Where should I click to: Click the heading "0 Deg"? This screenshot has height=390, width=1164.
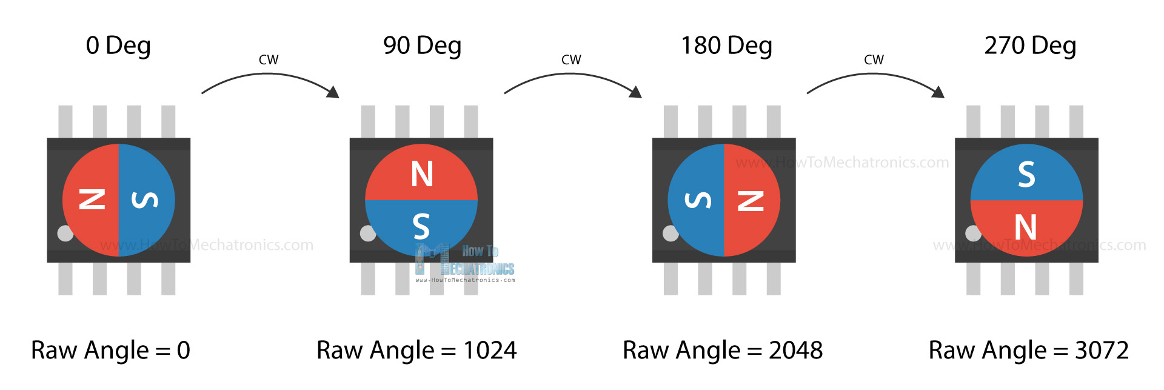118,45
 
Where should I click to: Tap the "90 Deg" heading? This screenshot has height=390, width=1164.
422,45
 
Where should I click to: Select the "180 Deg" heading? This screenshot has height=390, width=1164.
726,45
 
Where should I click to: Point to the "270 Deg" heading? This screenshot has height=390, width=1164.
1030,45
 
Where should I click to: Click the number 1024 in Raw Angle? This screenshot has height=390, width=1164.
490,351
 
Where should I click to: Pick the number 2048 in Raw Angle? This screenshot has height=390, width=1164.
795,351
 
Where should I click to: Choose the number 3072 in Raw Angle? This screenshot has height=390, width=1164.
1102,351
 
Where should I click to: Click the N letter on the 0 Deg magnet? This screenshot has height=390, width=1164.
92,200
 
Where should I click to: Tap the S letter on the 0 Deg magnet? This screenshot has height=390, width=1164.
145,200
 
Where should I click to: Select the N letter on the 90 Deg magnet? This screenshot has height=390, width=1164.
422,174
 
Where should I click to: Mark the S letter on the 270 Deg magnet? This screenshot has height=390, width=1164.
1026,174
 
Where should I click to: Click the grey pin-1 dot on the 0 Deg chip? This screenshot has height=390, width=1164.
65,233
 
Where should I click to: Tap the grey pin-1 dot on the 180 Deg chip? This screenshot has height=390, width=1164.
671,233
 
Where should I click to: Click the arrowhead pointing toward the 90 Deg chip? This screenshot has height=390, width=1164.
333,92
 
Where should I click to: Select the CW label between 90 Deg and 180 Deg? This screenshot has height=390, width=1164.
571,60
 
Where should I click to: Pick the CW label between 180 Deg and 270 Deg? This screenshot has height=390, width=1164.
874,60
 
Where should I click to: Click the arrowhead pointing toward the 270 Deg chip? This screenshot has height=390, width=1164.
938,92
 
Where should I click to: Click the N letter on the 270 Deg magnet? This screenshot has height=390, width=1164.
1026,227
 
